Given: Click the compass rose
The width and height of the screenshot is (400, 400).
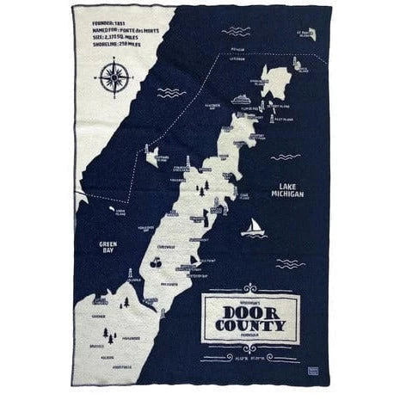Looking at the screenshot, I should point(114,77).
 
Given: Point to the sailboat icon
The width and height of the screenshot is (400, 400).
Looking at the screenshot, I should point(253,228).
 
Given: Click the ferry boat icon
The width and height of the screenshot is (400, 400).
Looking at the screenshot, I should point(242,99).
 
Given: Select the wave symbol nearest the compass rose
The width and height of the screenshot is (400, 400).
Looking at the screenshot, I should point(169,92).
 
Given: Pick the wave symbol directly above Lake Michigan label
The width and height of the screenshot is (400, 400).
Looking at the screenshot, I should point(285,157).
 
